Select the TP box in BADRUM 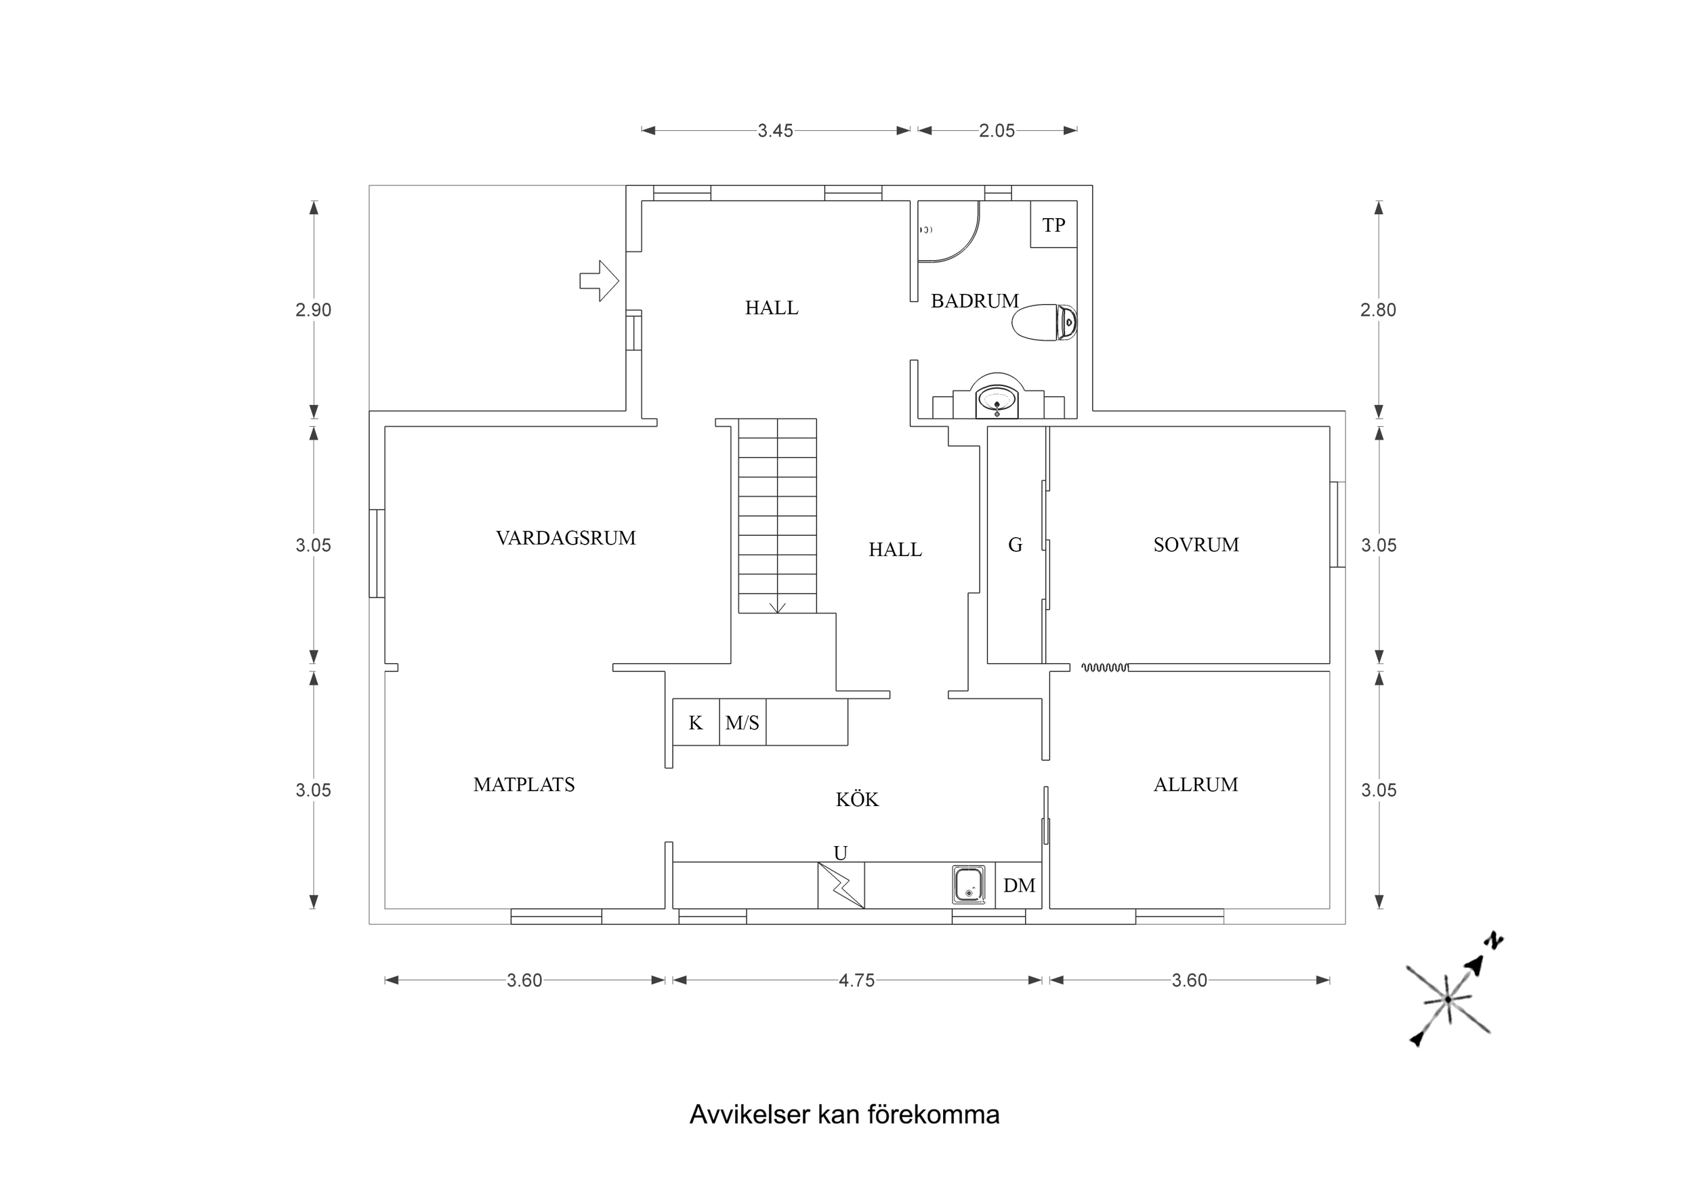click(x=1053, y=224)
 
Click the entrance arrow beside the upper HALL click(x=599, y=281)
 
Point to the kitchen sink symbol click(x=968, y=884)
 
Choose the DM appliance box click(x=1019, y=885)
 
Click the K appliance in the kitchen click(x=695, y=722)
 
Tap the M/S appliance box click(x=742, y=722)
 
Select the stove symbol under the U click(x=841, y=885)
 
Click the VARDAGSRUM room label click(x=566, y=538)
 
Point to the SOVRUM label click(x=1195, y=544)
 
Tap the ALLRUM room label click(x=1195, y=784)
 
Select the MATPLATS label click(x=524, y=784)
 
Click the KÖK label click(x=857, y=799)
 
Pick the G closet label click(x=1015, y=544)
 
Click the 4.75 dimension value click(x=856, y=980)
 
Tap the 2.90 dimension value click(x=314, y=310)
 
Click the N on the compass click(x=1494, y=941)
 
